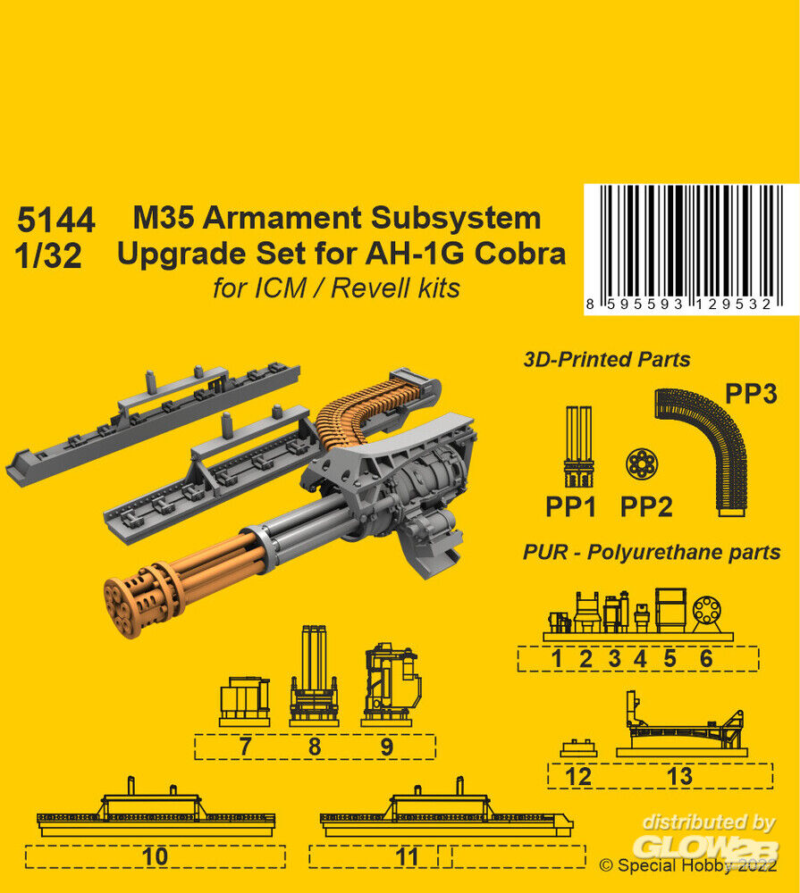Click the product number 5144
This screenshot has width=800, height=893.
point(56,220)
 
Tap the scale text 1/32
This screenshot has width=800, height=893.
point(48,255)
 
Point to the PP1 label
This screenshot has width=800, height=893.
point(571,506)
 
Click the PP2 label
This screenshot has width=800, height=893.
point(646,506)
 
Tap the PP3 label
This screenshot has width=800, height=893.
point(751,394)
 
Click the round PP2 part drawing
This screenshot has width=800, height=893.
point(642,463)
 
